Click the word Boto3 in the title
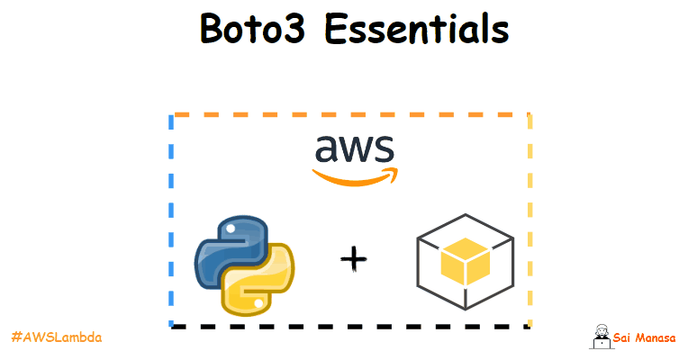[255, 30]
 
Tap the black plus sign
[355, 260]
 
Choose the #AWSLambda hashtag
[56, 337]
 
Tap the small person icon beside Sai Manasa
[600, 337]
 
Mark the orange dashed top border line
[351, 115]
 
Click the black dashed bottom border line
[351, 326]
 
